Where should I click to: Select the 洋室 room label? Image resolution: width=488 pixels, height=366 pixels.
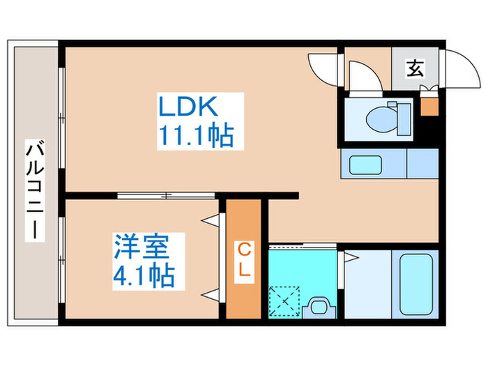point(144,248)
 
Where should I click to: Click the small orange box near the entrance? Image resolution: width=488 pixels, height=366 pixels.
point(429,107)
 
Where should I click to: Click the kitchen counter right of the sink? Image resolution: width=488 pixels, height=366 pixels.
point(422,166)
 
